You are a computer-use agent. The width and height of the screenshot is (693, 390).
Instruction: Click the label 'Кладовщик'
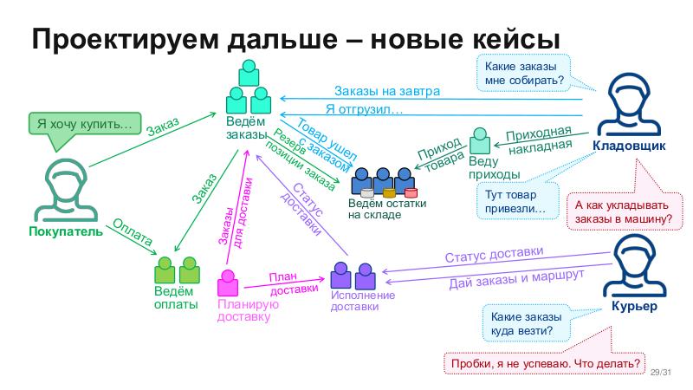(x=629, y=146)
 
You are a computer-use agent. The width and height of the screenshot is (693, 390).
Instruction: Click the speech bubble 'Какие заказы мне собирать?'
(x=521, y=73)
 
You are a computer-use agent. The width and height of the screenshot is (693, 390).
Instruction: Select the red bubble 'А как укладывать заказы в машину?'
(x=624, y=211)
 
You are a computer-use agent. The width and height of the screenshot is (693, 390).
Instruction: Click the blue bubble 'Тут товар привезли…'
(x=515, y=202)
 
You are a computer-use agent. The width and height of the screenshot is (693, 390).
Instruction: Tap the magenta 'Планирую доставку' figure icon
(x=228, y=284)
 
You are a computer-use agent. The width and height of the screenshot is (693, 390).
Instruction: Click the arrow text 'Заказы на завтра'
(x=387, y=91)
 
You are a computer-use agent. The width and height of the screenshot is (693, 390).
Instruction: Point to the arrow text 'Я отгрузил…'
(x=365, y=109)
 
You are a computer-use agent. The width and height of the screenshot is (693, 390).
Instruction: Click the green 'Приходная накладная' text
(x=539, y=140)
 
